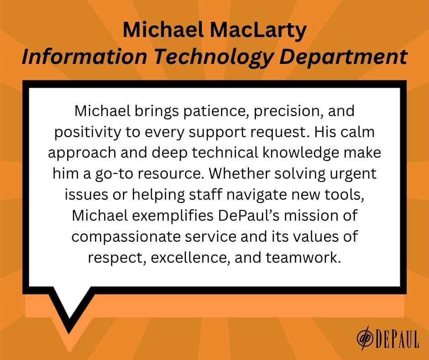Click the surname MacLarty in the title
258,31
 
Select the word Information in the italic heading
84,57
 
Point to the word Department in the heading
343,58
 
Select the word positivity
88,132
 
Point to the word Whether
239,174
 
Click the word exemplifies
173,216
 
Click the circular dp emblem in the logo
365,338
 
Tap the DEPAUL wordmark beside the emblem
397,339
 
